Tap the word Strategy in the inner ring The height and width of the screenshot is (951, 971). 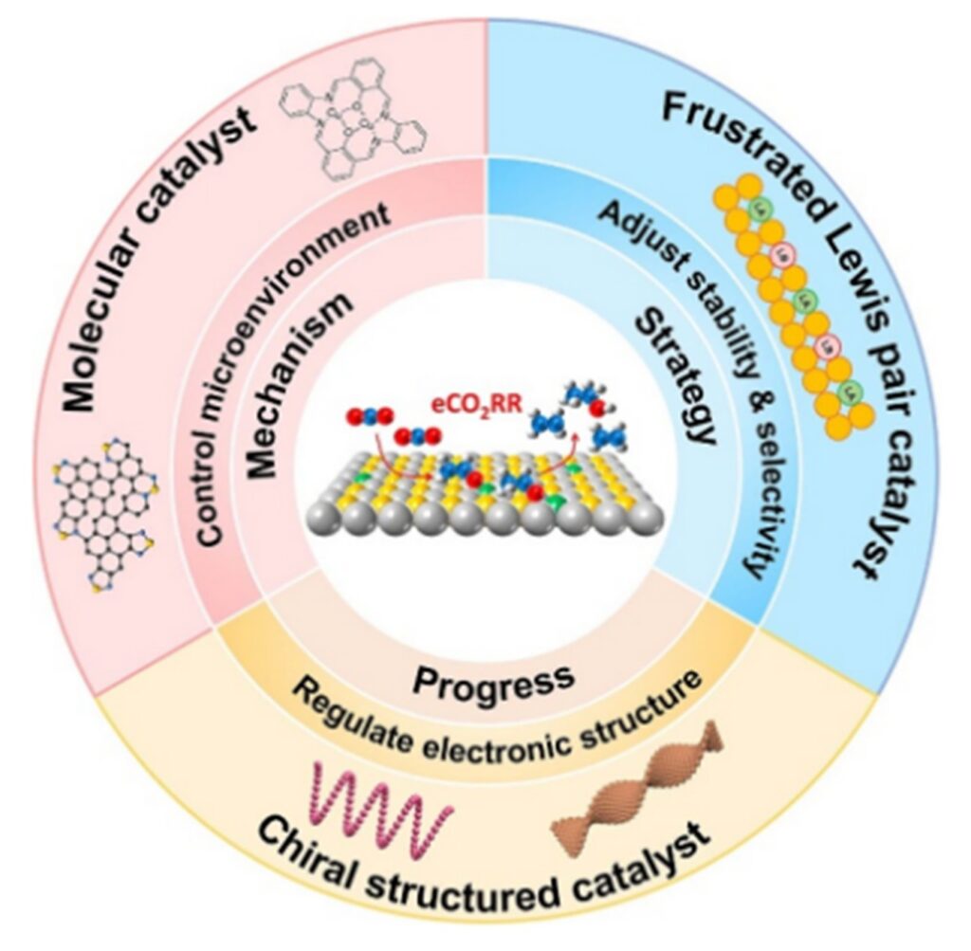pyautogui.click(x=675, y=379)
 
